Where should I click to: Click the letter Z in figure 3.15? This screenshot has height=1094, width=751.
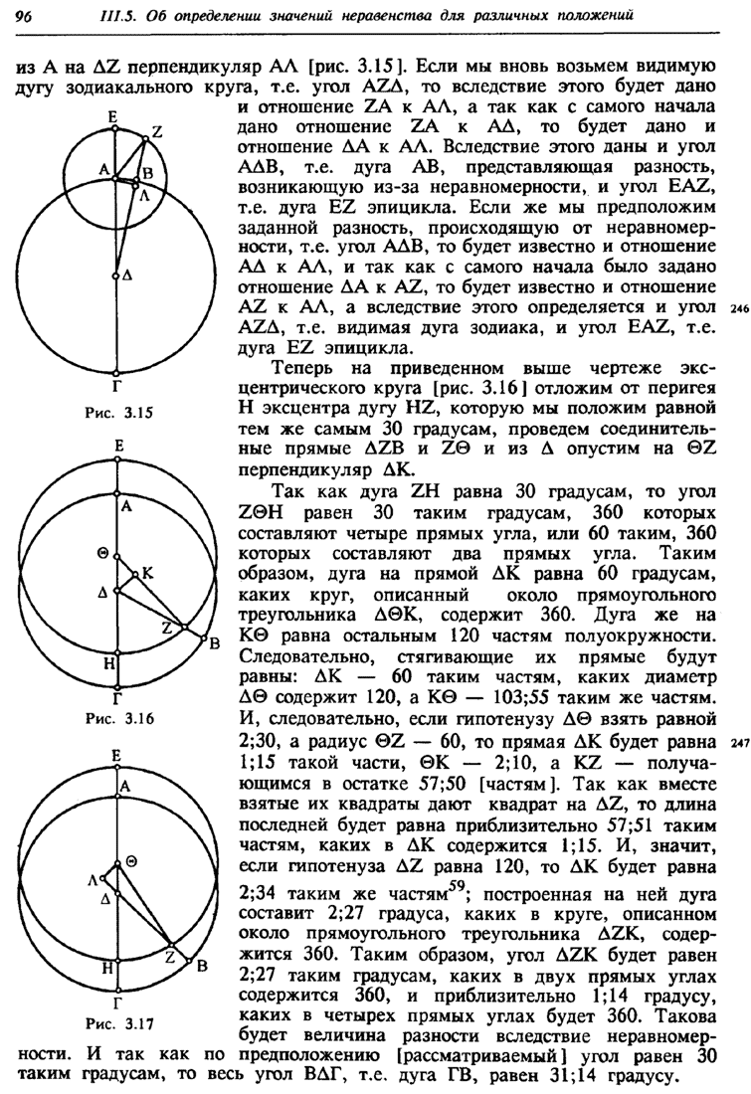click(156, 130)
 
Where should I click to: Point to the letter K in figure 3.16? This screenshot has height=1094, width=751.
click(148, 573)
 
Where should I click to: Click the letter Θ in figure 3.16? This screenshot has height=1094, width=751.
click(102, 553)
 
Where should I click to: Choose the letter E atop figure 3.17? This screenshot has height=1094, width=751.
click(116, 756)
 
